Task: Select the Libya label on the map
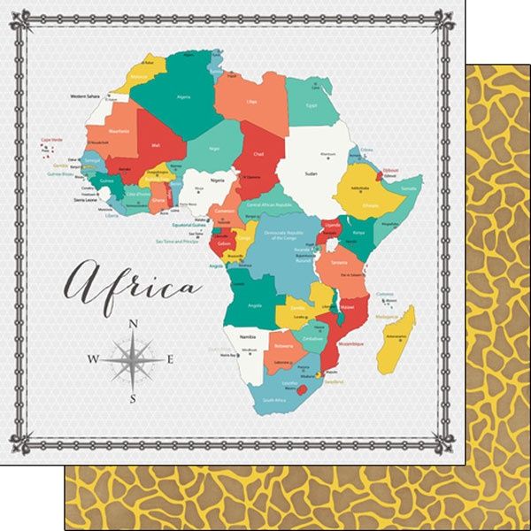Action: click(x=252, y=102)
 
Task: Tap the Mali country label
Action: click(x=156, y=144)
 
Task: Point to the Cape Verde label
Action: click(x=50, y=140)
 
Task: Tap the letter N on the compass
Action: click(x=133, y=324)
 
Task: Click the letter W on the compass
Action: click(x=94, y=359)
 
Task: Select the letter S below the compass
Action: click(x=133, y=397)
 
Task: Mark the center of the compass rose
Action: click(x=133, y=359)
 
